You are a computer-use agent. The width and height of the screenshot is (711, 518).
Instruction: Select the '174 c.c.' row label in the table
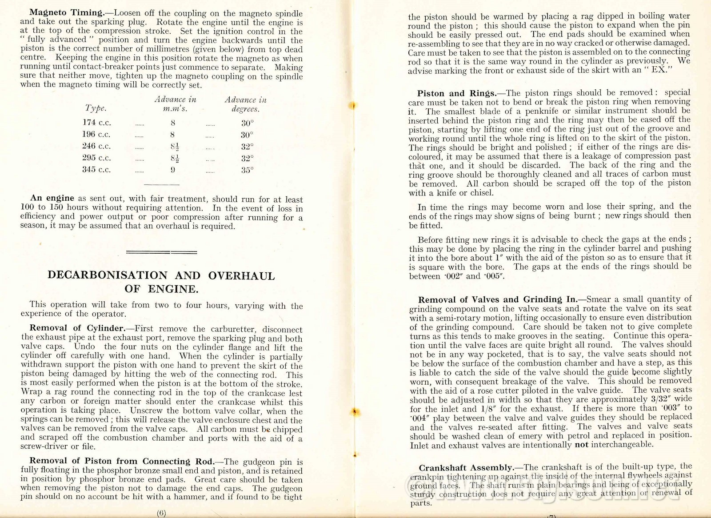[x=96, y=123]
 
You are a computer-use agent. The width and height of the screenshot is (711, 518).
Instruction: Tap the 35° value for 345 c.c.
[x=247, y=170]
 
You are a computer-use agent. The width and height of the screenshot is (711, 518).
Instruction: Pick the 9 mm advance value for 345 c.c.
[x=172, y=170]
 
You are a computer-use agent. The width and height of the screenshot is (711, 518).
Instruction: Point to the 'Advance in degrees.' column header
[x=245, y=104]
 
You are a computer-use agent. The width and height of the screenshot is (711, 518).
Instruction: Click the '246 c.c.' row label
[x=96, y=146]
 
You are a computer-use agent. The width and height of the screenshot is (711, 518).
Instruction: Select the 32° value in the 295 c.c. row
[x=247, y=158]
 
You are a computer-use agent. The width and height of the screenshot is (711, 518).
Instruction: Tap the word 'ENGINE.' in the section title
[x=173, y=289]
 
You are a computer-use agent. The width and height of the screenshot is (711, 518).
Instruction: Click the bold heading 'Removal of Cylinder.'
[x=78, y=328]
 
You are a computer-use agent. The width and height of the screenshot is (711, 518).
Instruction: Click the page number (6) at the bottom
[x=161, y=513]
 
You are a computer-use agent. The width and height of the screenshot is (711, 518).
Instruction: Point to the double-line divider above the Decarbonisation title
[x=161, y=252]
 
